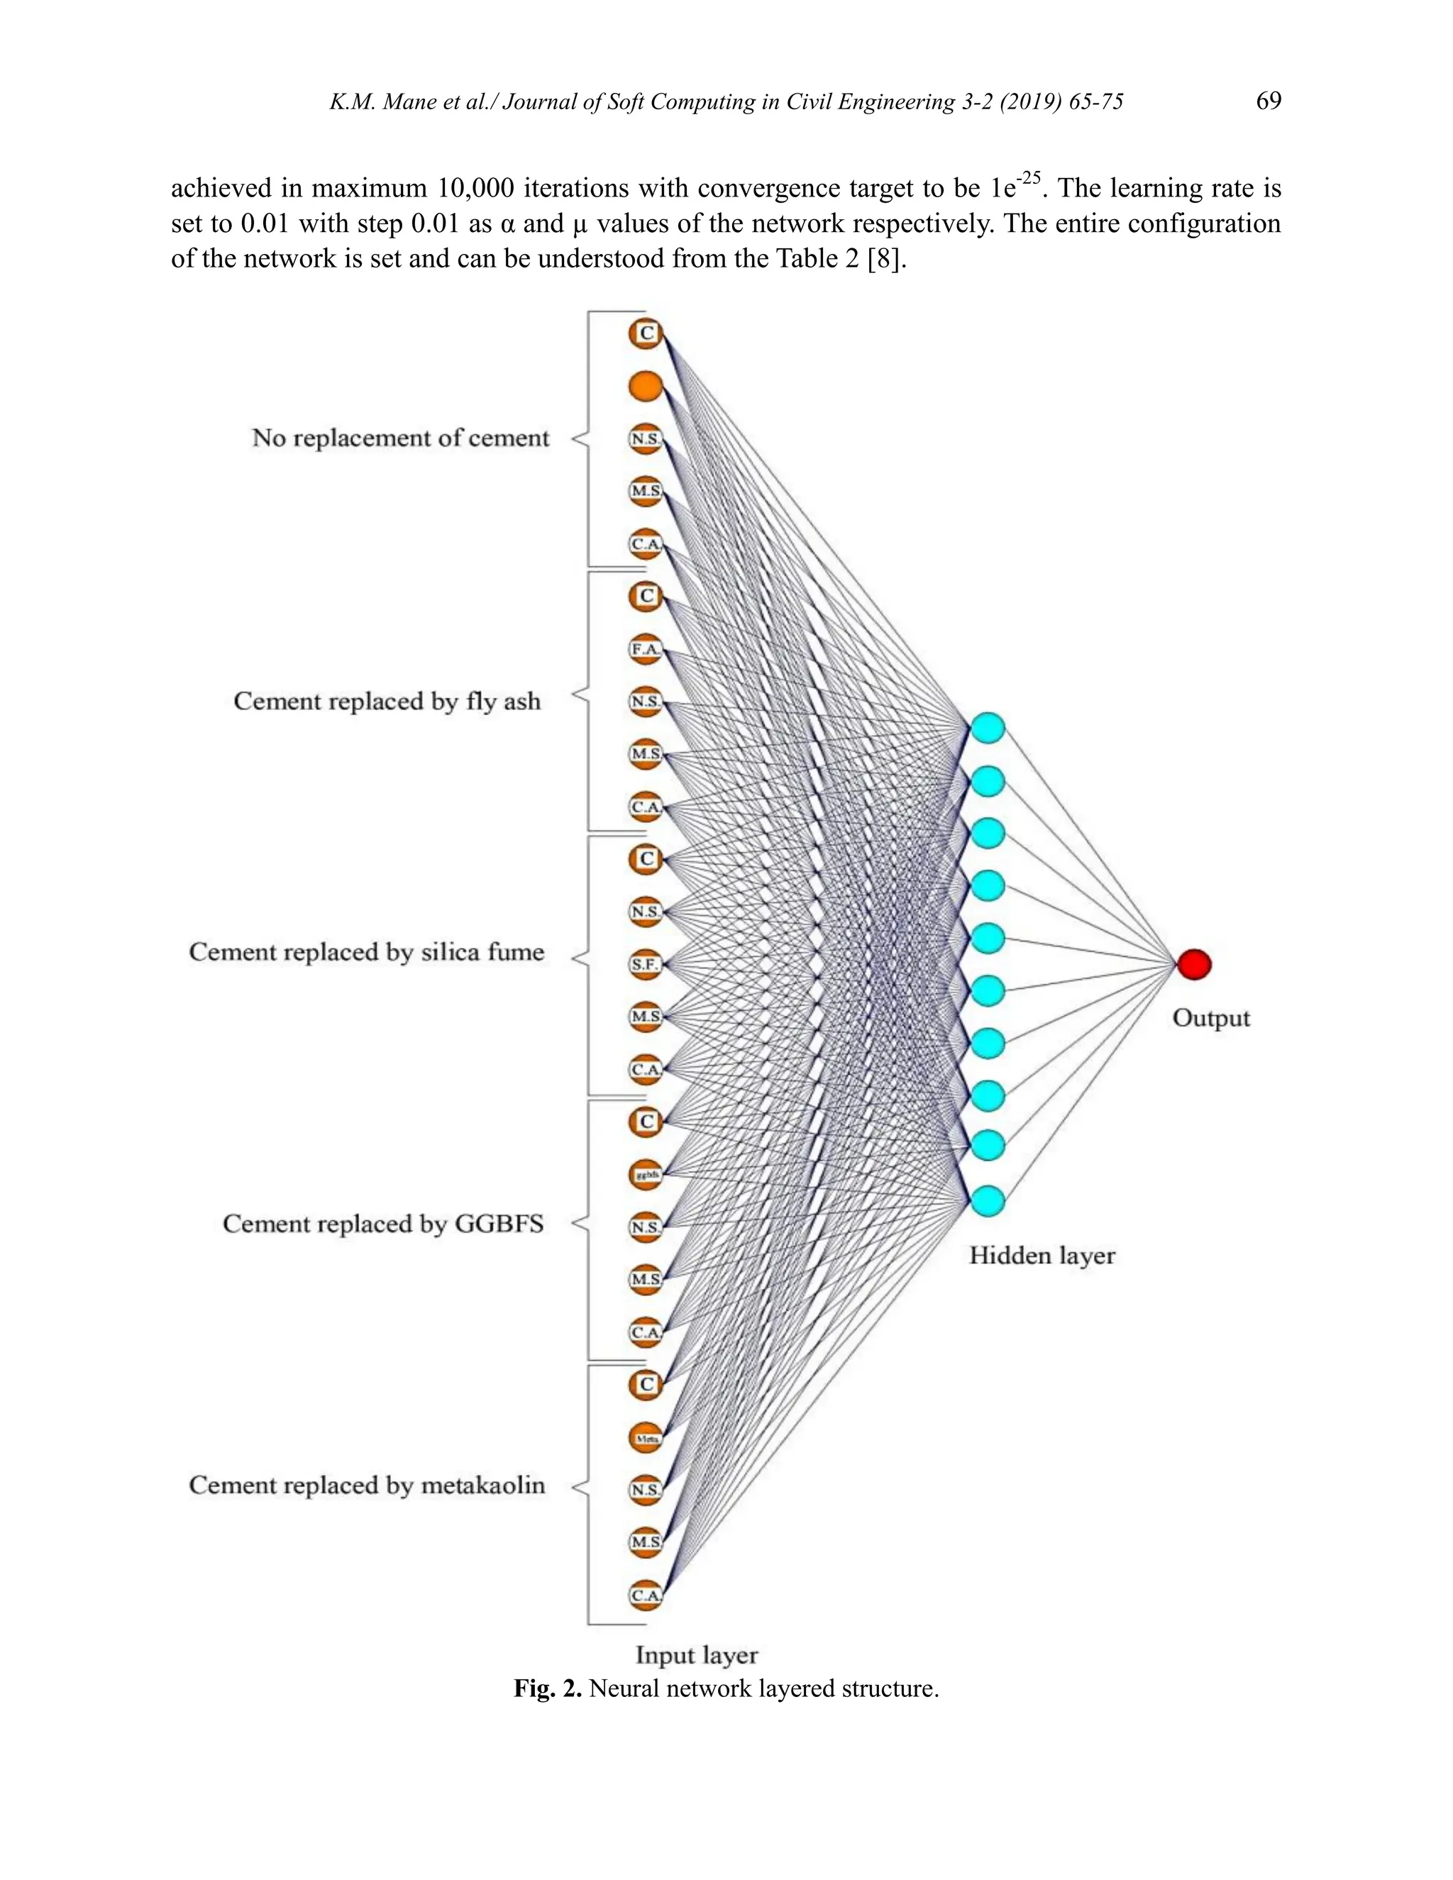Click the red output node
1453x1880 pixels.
(1194, 964)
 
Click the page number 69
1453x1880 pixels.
(1268, 101)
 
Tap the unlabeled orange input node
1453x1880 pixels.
(646, 387)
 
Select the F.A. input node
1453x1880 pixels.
(646, 649)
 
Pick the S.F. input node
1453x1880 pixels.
(646, 965)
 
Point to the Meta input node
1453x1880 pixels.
(646, 1437)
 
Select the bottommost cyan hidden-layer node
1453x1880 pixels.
(988, 1200)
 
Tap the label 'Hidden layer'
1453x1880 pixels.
(1042, 1256)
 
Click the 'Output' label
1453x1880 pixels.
(1210, 1018)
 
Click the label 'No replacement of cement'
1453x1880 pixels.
(400, 438)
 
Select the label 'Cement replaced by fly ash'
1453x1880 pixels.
(387, 702)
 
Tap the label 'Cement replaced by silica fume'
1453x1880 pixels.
(367, 952)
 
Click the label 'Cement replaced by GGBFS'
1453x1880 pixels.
(383, 1224)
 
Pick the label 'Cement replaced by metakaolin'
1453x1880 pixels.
(367, 1486)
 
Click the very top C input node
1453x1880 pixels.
(646, 333)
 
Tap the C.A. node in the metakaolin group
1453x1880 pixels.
(646, 1595)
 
